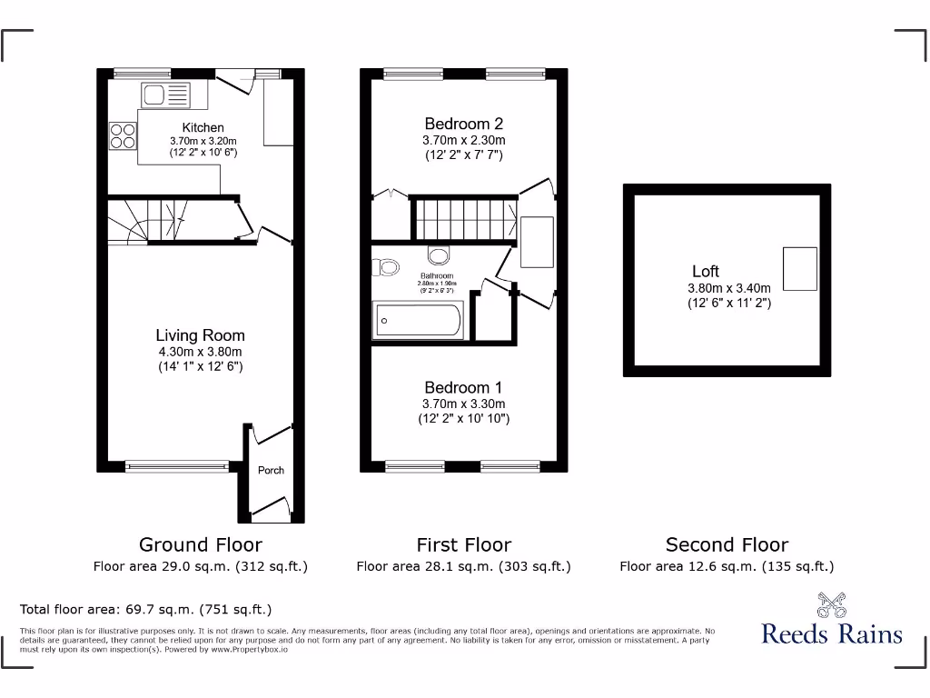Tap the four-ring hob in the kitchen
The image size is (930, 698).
[x=124, y=135]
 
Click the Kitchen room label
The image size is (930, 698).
[x=203, y=127]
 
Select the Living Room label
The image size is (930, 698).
[x=200, y=335]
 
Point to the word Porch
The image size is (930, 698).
[x=271, y=470]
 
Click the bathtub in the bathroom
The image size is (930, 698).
[x=419, y=321]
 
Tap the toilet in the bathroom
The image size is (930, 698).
[x=389, y=267]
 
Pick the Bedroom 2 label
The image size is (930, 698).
[x=463, y=124]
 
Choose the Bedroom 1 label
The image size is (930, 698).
[x=463, y=386]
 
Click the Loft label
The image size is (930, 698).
[x=706, y=271]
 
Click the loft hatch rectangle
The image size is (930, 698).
[x=800, y=269]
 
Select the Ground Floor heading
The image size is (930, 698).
[x=200, y=545]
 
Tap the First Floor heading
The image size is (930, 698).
[x=463, y=545]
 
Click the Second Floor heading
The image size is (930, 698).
[x=727, y=545]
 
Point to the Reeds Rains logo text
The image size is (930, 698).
[x=832, y=633]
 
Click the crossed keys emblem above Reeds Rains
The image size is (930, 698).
[x=831, y=603]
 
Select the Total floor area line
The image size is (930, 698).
[x=145, y=609]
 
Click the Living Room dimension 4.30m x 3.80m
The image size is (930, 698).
[x=200, y=352]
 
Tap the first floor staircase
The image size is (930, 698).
[x=463, y=218]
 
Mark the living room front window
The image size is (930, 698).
[x=178, y=466]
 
